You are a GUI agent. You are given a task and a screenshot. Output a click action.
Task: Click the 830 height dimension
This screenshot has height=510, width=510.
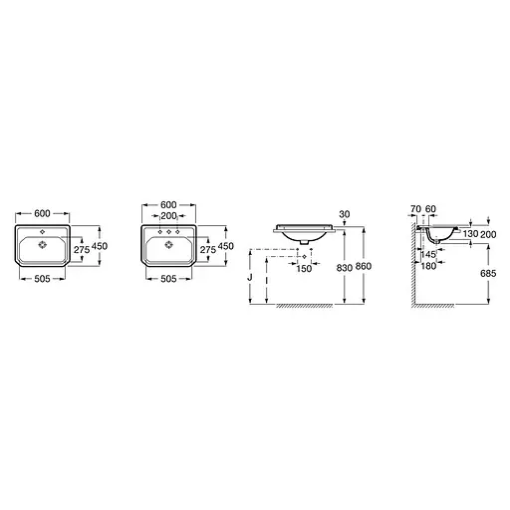coord(344,267)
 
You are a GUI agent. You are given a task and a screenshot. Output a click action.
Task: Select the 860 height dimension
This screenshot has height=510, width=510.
coord(364,266)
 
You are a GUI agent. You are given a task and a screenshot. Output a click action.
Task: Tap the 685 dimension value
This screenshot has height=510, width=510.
coord(488,273)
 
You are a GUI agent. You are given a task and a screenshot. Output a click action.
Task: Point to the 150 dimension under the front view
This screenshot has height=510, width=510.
coord(304,268)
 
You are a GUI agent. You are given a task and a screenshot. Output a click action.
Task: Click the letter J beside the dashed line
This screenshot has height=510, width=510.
coord(250,277)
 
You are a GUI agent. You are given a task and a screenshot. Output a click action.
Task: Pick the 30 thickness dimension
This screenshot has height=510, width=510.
coord(345,214)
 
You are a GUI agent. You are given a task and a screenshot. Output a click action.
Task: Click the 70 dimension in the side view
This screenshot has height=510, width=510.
coord(415,209)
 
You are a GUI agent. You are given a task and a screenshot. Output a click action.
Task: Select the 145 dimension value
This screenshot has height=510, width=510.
coord(428,255)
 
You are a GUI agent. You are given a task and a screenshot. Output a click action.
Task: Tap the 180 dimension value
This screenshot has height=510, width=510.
coord(428,266)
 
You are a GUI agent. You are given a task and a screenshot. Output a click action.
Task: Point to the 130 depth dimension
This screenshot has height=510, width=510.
coord(470,234)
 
